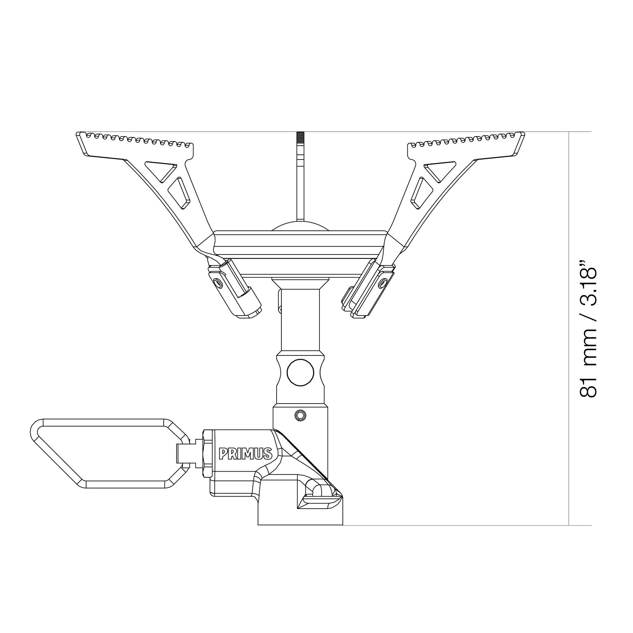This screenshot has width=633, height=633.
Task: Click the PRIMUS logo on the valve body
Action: pos(245,454)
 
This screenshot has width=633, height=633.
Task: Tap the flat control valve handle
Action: pos(108,454)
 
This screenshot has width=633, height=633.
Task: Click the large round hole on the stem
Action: pos(300,372)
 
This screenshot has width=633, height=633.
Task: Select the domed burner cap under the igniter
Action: pos(300,226)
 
